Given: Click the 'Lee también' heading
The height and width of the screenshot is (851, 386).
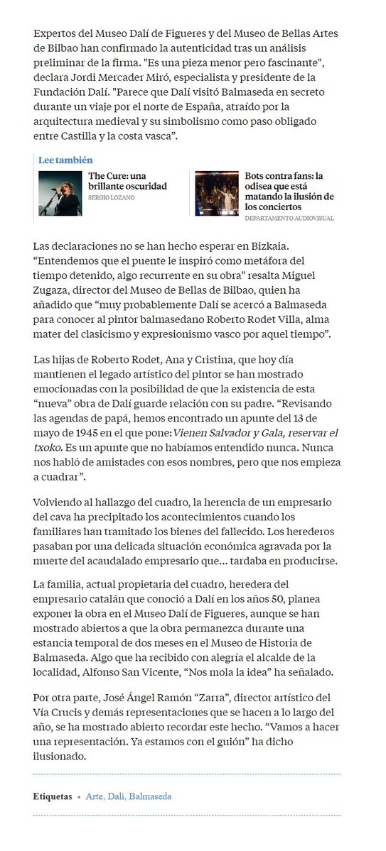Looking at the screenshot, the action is point(65,160).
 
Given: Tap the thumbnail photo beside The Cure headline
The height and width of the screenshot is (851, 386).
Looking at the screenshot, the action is point(60,193).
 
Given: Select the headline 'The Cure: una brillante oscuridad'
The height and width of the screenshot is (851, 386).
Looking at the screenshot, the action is point(127,181).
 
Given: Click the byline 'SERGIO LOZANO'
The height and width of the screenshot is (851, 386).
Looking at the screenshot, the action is point(112,197).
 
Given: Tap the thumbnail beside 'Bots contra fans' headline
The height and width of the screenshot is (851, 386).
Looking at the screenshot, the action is point(217,193).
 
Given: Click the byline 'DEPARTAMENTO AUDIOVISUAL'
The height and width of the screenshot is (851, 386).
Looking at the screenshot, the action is point(289,219).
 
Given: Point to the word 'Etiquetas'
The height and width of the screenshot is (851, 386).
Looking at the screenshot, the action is point(52,796).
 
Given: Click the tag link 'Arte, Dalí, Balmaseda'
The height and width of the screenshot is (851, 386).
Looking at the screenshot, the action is point(129,796).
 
